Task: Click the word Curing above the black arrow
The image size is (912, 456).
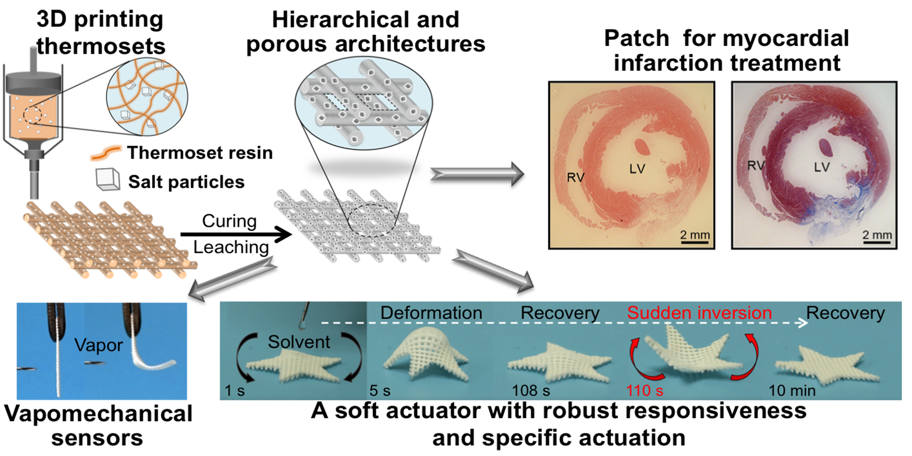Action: (229, 221)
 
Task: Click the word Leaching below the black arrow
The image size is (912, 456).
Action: (231, 247)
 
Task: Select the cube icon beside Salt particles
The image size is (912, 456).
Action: (108, 180)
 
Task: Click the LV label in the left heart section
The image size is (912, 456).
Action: (637, 169)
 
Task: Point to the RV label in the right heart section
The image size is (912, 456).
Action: (756, 166)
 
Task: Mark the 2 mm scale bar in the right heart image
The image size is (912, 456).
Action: (877, 242)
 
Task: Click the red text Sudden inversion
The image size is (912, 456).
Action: (699, 313)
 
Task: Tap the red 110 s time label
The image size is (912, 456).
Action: (645, 390)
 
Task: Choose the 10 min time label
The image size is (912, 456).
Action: (792, 390)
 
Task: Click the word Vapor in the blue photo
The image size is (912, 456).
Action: (98, 345)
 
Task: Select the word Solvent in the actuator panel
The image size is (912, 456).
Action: (299, 342)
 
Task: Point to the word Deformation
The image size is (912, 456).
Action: (431, 313)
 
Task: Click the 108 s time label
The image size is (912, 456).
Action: (531, 390)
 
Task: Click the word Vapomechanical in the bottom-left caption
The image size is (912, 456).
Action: (98, 414)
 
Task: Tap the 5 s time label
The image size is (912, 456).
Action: (380, 390)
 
